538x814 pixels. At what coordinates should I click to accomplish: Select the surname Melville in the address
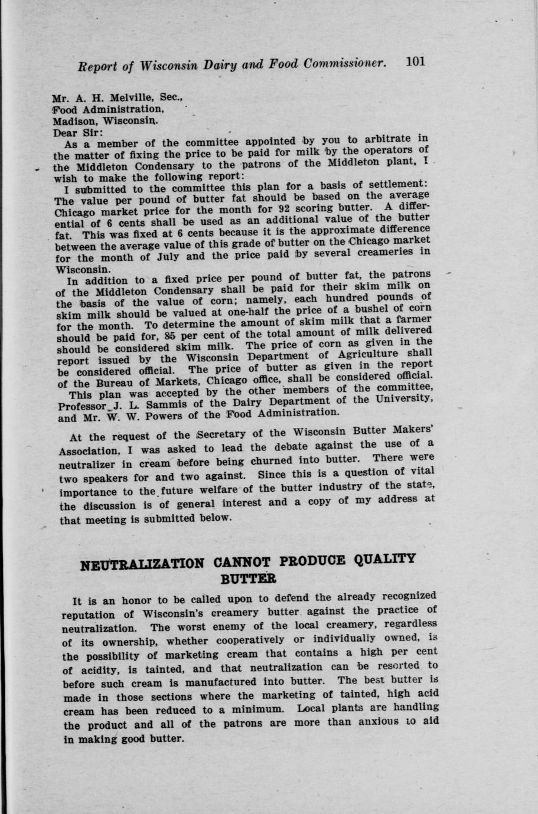(110, 97)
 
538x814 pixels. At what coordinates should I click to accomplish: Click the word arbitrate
(387, 140)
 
